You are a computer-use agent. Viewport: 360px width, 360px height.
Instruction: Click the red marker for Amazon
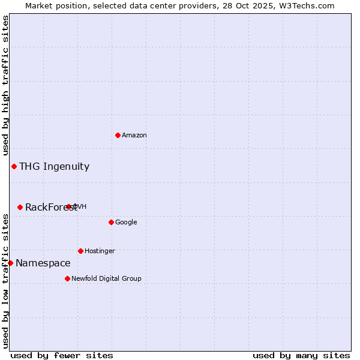118,135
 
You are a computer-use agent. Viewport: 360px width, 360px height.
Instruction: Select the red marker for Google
111,222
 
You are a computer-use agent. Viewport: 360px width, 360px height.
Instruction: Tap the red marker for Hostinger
80,251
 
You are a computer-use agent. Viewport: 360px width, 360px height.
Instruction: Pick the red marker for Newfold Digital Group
67,278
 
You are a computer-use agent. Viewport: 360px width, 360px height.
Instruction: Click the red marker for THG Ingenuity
14,166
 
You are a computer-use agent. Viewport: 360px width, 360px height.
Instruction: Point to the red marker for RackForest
20,207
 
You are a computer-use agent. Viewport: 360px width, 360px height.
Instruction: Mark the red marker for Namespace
10,263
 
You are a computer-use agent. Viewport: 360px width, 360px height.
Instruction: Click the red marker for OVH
68,206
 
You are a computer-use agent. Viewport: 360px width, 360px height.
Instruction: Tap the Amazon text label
134,136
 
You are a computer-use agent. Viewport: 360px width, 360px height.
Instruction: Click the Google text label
126,223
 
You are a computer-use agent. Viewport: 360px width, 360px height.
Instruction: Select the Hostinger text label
100,251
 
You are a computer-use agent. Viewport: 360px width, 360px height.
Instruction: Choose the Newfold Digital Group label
106,279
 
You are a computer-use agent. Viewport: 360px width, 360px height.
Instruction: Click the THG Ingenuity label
54,167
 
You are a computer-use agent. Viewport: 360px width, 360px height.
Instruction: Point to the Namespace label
43,263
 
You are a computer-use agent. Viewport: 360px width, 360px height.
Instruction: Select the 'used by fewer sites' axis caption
62,355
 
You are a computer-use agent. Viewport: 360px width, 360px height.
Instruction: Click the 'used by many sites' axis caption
301,355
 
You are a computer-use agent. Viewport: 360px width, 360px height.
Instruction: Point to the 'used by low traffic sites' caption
6,281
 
